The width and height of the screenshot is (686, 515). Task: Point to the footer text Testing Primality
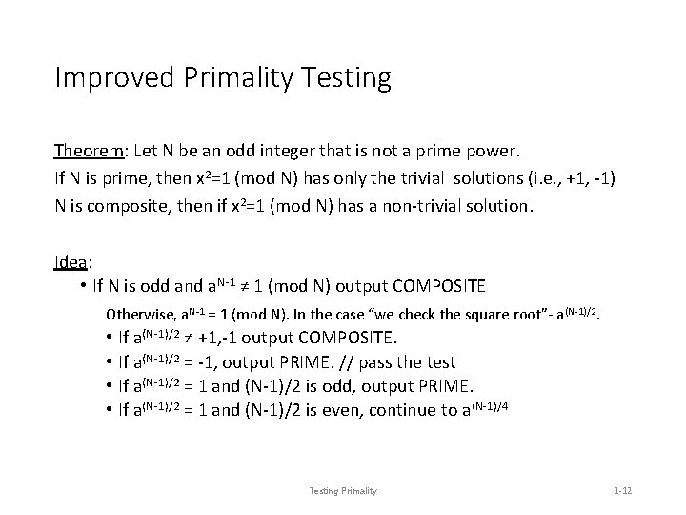343,490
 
